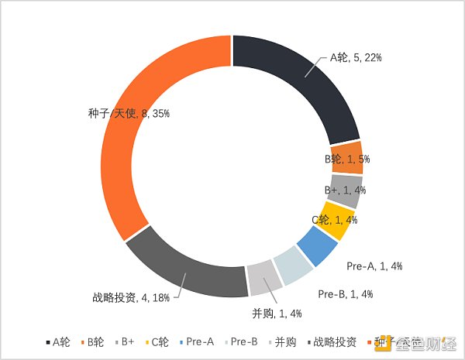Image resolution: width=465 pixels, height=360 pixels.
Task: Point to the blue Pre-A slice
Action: [318, 246]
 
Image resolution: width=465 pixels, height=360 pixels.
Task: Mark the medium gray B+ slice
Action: [346, 190]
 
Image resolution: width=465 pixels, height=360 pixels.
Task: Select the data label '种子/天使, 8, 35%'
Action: [129, 113]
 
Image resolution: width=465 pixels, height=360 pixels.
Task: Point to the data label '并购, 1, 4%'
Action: [277, 313]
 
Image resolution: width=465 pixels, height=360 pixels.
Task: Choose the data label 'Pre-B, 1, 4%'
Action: [346, 293]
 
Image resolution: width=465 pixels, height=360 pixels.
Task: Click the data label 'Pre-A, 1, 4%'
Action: [374, 266]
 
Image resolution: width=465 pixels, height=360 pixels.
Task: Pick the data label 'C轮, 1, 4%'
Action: [334, 220]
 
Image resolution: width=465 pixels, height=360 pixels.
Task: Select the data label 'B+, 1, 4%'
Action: [345, 190]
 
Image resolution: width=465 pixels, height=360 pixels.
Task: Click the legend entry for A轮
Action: [61, 341]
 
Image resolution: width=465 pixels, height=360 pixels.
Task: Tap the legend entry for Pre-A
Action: [197, 341]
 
